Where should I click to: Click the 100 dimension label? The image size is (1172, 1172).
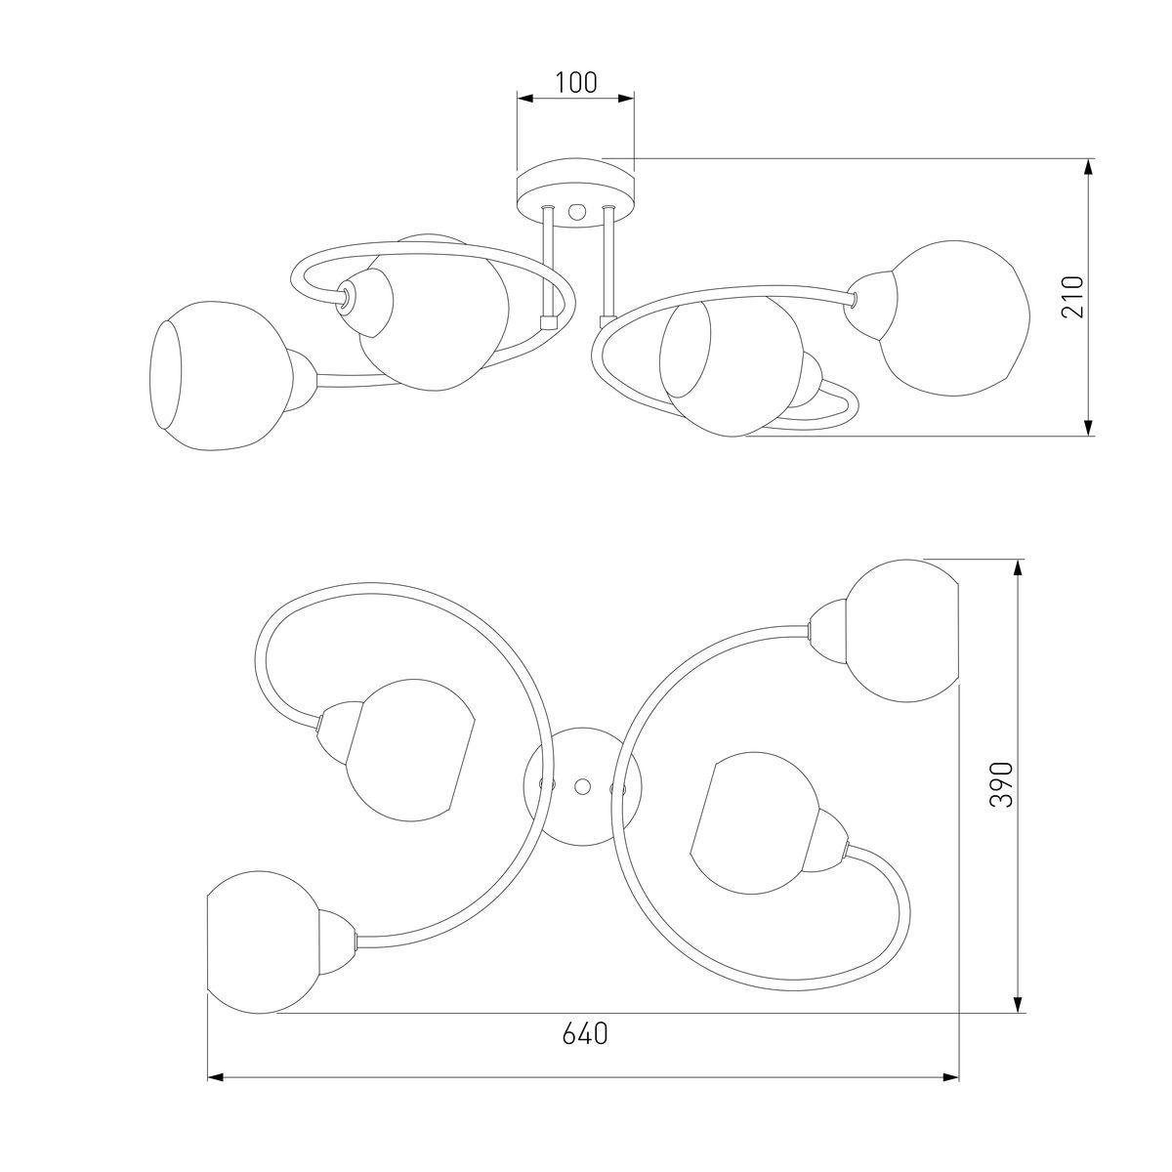point(575,83)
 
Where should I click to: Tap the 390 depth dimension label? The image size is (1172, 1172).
point(1001,783)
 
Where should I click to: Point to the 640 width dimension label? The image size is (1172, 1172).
point(584,1033)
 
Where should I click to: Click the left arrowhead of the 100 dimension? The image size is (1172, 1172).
point(524,98)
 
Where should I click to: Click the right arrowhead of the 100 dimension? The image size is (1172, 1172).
point(626,98)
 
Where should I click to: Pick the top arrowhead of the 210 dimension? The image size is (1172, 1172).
point(1089,167)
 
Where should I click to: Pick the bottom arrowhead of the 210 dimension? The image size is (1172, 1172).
point(1089,427)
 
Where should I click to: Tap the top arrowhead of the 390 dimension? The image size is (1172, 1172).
point(1019,567)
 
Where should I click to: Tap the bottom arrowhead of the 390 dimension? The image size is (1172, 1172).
point(1019,1005)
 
